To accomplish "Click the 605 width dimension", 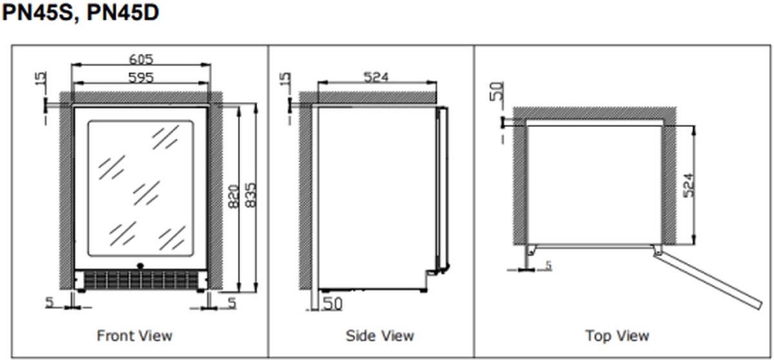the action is [x=141, y=59].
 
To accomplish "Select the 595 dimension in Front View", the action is [x=141, y=77].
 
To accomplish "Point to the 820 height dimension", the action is [x=234, y=197].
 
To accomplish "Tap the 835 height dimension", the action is [x=251, y=195].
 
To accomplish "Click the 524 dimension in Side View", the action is [x=376, y=77].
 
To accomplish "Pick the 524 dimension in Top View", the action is [x=689, y=186].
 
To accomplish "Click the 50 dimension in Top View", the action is [x=497, y=91].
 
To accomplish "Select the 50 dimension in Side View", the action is [x=332, y=304].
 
